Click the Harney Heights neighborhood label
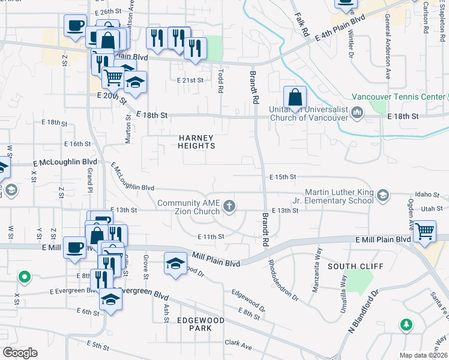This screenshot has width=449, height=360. (x=196, y=142)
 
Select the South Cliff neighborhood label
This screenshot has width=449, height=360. (x=351, y=265)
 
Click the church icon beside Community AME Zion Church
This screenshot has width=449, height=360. (x=229, y=207)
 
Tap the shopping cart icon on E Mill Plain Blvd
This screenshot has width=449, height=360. (x=424, y=230)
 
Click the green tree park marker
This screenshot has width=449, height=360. (x=406, y=325)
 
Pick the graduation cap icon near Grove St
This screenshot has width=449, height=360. (x=175, y=263)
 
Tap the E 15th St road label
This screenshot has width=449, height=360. (x=283, y=177)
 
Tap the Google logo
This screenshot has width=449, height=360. (x=20, y=352)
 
